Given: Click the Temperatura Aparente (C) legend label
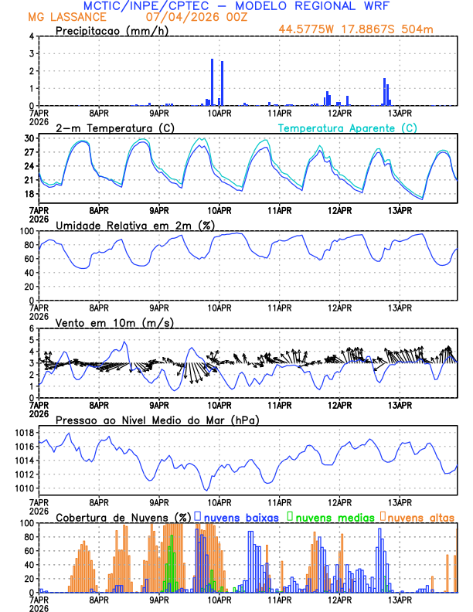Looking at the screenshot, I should [x=348, y=127].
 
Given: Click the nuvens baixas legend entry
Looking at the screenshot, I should [x=241, y=517].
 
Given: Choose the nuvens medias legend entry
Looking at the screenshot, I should [x=333, y=517].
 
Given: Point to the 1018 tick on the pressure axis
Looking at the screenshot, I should [x=25, y=432].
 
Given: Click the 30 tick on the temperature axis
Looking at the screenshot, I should [x=29, y=138].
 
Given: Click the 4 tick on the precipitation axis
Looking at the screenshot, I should [x=31, y=36].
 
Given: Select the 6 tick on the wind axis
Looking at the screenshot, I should [x=31, y=328].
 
